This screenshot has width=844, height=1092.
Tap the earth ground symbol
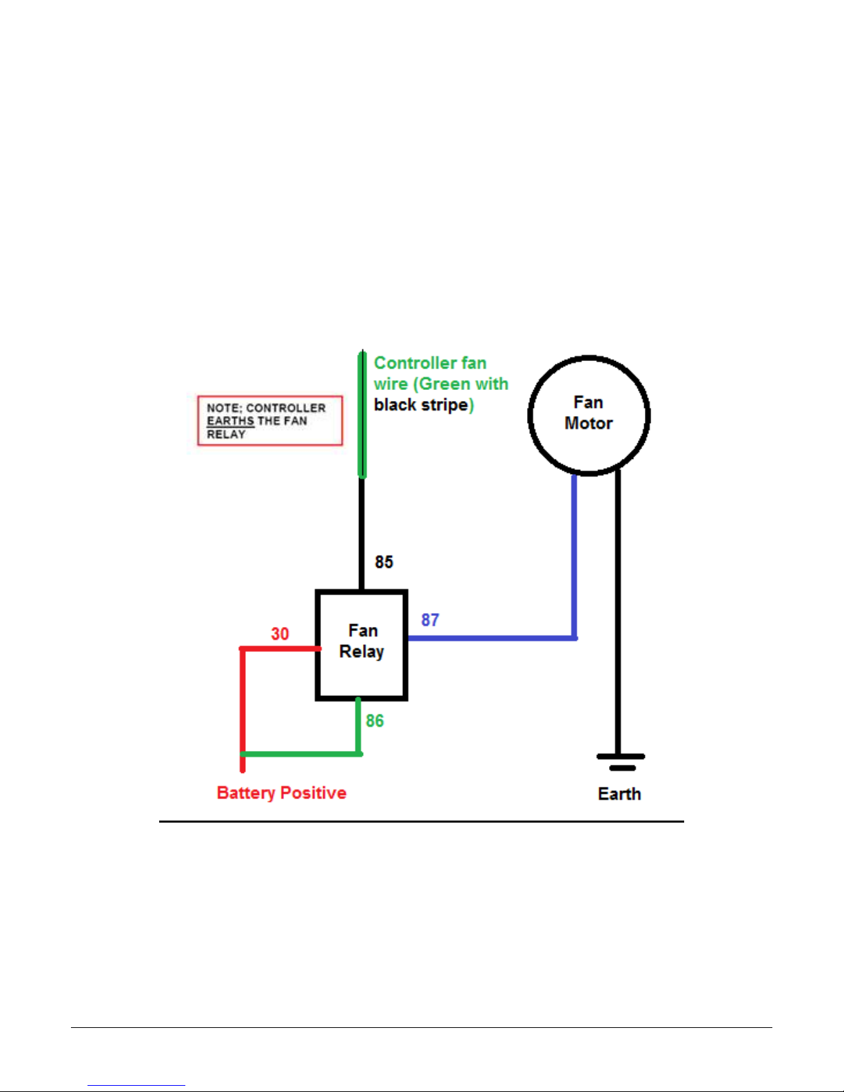[621, 762]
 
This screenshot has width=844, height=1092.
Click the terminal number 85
[384, 562]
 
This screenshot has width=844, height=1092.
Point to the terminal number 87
[430, 619]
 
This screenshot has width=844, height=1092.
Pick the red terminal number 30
[280, 634]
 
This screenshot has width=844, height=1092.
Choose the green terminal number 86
[375, 721]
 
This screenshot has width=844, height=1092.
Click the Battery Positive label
[281, 793]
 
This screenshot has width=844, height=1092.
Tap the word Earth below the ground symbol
[619, 794]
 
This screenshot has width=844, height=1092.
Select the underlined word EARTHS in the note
[231, 421]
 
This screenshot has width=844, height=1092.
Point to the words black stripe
[421, 404]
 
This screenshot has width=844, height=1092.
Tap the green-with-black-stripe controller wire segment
[362, 415]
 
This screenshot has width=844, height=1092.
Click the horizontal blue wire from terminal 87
[493, 638]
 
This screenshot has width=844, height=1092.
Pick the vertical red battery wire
[243, 710]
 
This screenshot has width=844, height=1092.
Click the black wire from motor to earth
[618, 612]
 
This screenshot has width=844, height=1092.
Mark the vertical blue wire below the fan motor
[574, 557]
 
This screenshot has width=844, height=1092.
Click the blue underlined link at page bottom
[136, 1085]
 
